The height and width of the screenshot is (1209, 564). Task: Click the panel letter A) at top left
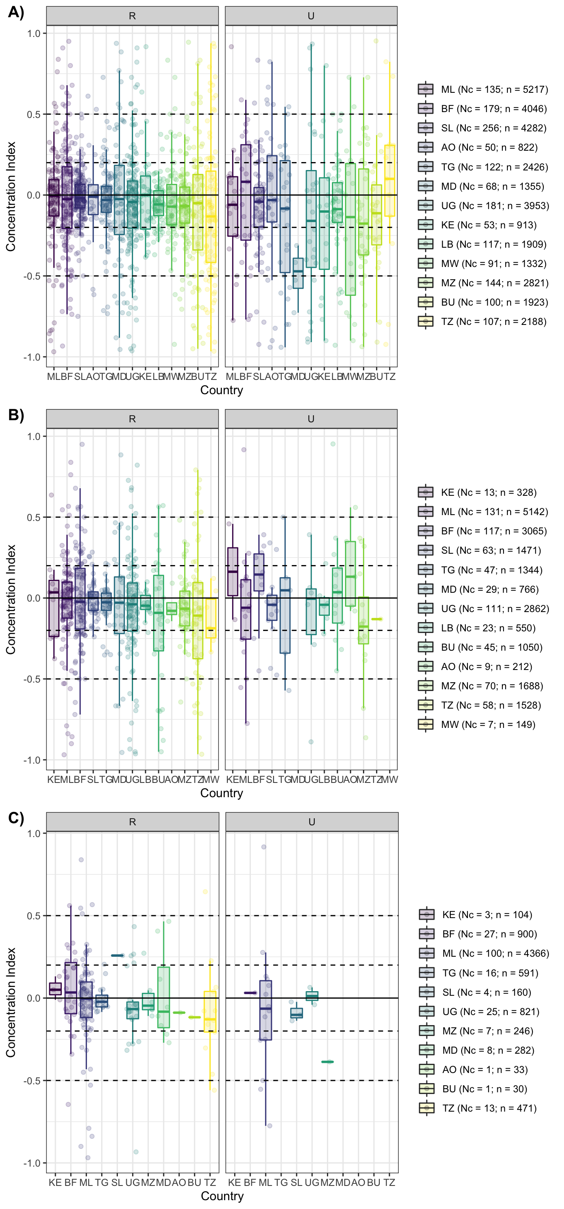pyautogui.click(x=16, y=12)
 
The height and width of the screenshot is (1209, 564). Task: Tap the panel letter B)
pyautogui.click(x=16, y=415)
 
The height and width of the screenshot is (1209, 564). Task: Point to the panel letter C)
pyautogui.click(x=16, y=818)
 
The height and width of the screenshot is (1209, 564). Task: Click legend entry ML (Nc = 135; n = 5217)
pyautogui.click(x=494, y=89)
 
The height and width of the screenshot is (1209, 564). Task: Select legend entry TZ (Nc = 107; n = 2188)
pyautogui.click(x=493, y=322)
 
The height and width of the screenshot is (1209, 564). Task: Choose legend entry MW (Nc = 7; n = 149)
pyautogui.click(x=488, y=724)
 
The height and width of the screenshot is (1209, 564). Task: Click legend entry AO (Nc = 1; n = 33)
pyautogui.click(x=484, y=1070)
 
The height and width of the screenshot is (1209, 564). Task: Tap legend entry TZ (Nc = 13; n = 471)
pyautogui.click(x=489, y=1108)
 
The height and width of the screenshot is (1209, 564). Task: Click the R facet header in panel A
pyautogui.click(x=132, y=16)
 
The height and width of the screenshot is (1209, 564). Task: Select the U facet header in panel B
pyautogui.click(x=311, y=419)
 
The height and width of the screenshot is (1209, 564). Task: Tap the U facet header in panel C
pyautogui.click(x=311, y=822)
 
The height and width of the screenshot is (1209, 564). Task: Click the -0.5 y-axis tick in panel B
pyautogui.click(x=32, y=679)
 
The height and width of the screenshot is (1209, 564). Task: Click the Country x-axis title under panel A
pyautogui.click(x=222, y=390)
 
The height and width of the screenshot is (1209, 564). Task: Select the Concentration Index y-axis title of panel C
pyautogui.click(x=11, y=1002)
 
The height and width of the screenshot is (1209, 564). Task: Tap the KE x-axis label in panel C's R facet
pyautogui.click(x=55, y=1182)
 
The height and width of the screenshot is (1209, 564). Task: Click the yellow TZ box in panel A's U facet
pyautogui.click(x=389, y=181)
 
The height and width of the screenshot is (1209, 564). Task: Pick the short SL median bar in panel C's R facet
pyautogui.click(x=117, y=955)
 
